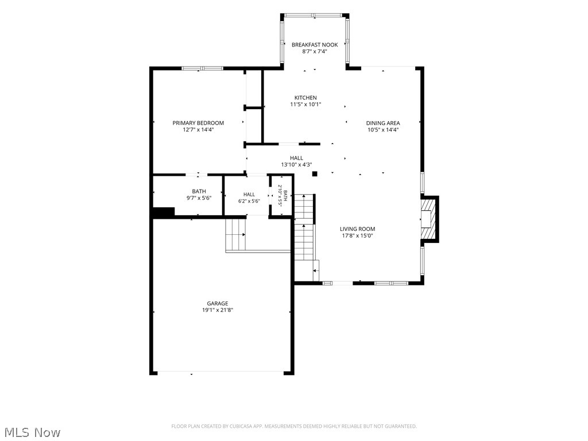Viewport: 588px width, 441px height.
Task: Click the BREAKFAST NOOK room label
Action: coord(315,45)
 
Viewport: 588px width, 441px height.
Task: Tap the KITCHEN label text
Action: coord(305,98)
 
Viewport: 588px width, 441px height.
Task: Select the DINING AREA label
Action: coord(383,123)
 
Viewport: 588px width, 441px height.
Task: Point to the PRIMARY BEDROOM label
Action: coord(198,123)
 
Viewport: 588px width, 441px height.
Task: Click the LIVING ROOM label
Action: coord(357,229)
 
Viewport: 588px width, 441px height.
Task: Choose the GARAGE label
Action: coord(218,303)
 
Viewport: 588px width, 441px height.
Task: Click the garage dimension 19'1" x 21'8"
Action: coord(218,310)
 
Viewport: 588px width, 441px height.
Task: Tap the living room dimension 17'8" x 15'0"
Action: coord(357,236)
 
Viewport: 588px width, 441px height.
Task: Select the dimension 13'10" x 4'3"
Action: coord(296,165)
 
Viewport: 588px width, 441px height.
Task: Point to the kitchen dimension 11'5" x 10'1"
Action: coord(305,105)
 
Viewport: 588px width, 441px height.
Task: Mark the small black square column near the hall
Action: coord(315,173)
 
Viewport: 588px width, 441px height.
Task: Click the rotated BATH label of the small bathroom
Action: coord(285,195)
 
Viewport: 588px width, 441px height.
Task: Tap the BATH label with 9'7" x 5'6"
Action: coord(199,192)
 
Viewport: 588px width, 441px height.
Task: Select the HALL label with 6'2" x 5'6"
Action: coord(249,195)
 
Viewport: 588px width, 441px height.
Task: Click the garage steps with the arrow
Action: coord(235,235)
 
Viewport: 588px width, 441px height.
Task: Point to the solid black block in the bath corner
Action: coord(164,212)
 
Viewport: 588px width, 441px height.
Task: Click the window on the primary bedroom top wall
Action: coord(203,68)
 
